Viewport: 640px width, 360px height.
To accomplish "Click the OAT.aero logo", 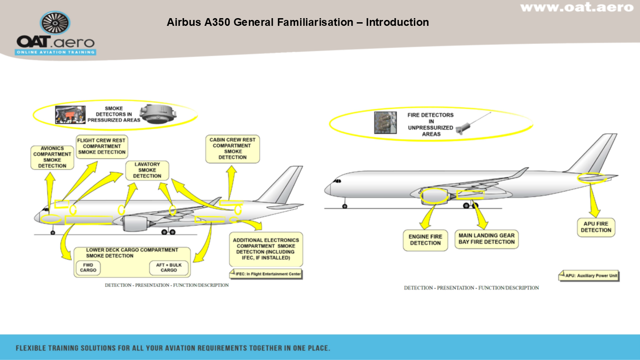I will click(55, 34).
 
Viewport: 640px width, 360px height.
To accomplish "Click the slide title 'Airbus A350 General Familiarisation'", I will click(297, 22).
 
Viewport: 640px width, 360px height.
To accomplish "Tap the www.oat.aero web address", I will click(577, 7).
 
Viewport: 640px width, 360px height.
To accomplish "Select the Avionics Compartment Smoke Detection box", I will click(52, 157).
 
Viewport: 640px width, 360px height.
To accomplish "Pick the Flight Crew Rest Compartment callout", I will click(102, 146).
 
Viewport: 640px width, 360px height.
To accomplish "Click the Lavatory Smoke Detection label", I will click(147, 170).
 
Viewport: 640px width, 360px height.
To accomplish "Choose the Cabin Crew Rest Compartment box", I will click(233, 149).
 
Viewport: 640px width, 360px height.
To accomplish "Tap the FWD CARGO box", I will click(88, 268).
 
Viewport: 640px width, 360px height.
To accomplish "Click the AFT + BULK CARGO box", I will click(168, 268).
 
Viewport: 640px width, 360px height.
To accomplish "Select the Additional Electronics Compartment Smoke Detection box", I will click(266, 249).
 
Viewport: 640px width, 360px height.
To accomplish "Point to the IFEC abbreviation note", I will click(266, 274).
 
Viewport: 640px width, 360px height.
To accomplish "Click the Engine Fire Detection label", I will click(425, 240).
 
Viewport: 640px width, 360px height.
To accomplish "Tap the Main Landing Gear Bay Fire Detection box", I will click(486, 239).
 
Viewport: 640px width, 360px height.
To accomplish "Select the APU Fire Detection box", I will click(596, 227).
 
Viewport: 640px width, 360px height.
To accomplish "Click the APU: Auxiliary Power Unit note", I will click(589, 276).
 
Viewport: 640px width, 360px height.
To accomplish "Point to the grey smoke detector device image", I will click(157, 114).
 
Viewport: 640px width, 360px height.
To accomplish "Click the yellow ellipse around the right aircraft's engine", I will click(434, 196).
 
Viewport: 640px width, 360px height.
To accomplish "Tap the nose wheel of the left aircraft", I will click(53, 233).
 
